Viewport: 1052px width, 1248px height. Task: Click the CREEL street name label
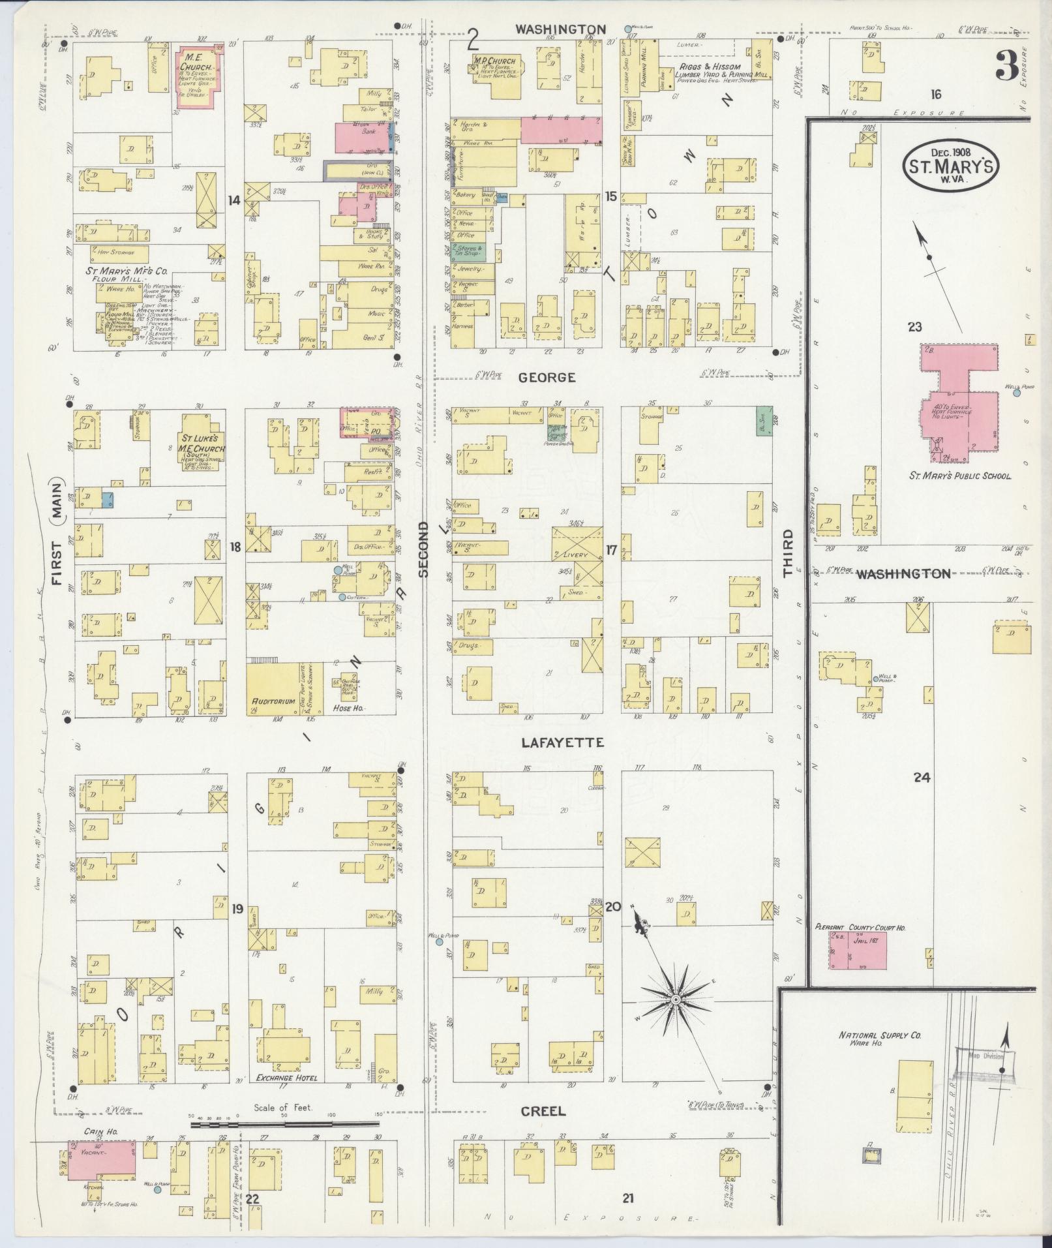click(543, 1111)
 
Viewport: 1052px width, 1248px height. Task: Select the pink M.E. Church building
click(200, 74)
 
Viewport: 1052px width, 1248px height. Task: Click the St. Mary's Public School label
click(960, 476)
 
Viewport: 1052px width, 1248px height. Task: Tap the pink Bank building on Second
click(361, 138)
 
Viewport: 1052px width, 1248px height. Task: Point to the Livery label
click(576, 555)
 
